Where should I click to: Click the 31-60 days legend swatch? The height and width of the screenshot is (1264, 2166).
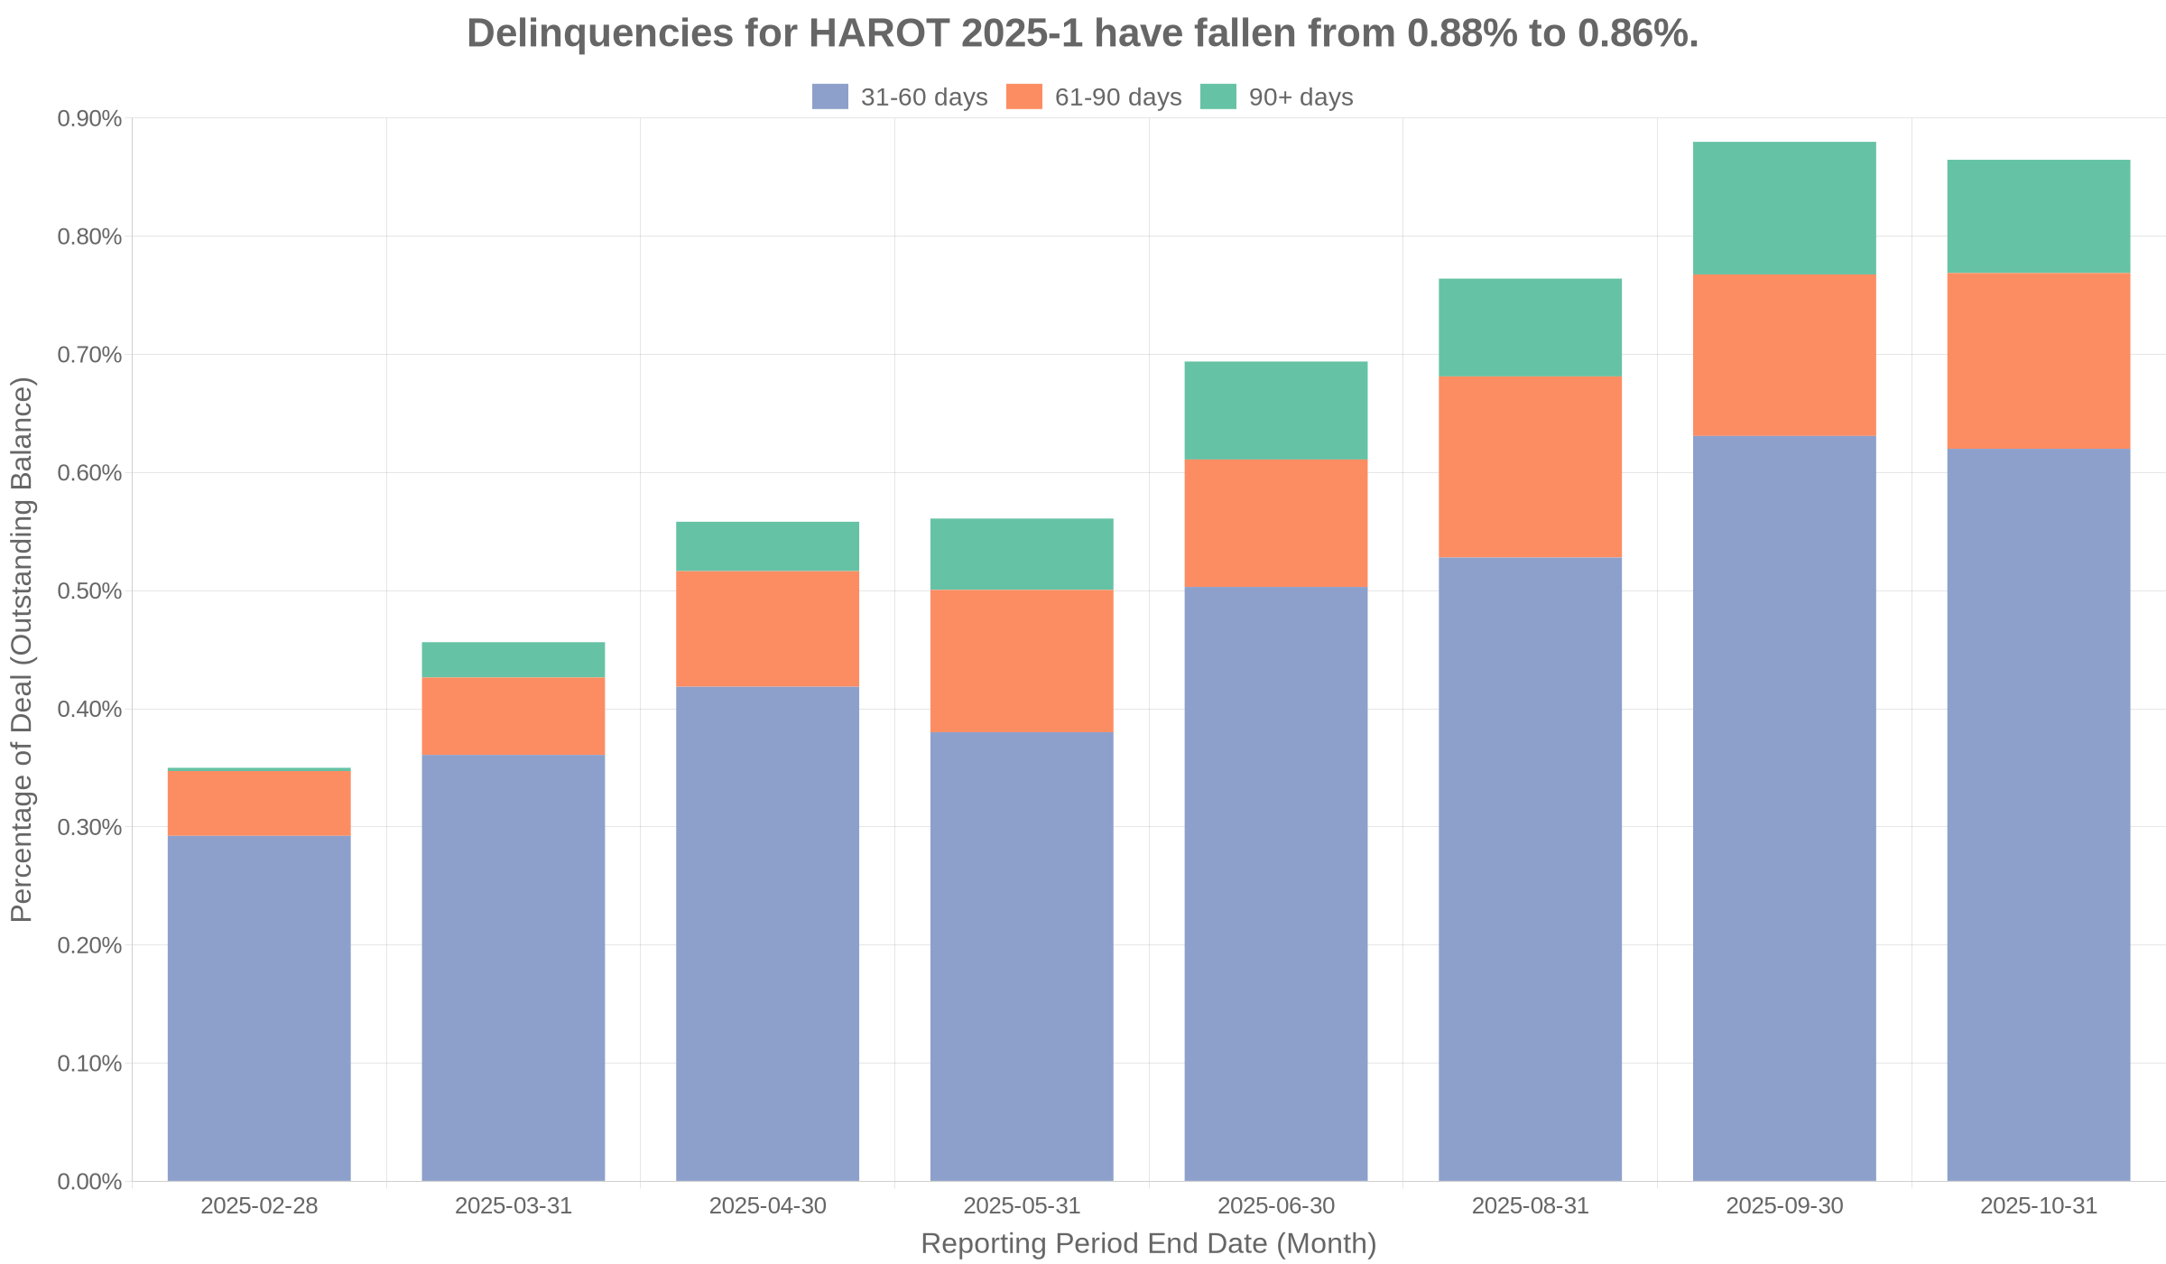click(x=829, y=97)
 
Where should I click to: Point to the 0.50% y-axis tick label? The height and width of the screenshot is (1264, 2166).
click(x=89, y=591)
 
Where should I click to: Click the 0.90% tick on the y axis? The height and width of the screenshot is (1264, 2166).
click(x=89, y=118)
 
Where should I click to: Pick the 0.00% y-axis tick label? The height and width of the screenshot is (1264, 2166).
click(x=89, y=1182)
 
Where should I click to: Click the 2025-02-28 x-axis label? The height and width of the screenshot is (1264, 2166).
click(x=259, y=1206)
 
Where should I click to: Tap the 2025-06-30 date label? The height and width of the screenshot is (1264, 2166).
click(x=1276, y=1206)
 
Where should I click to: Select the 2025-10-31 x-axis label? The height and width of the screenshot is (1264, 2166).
click(x=2039, y=1206)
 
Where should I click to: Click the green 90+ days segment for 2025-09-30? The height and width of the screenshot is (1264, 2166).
click(x=1784, y=208)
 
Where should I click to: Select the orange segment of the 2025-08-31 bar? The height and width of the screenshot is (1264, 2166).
click(x=1530, y=467)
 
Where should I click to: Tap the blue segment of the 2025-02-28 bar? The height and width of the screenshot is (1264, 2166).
click(x=259, y=1008)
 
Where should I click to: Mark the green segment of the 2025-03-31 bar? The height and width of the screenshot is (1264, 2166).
click(x=514, y=660)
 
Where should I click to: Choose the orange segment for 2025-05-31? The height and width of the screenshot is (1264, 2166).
click(x=1022, y=661)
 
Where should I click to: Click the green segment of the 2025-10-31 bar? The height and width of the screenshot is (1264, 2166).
click(x=2039, y=217)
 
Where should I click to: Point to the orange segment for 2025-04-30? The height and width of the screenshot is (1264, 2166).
click(x=767, y=628)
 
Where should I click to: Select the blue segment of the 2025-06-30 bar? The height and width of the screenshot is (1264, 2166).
click(x=1276, y=883)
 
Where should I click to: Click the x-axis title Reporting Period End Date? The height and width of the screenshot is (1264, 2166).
click(x=1148, y=1243)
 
